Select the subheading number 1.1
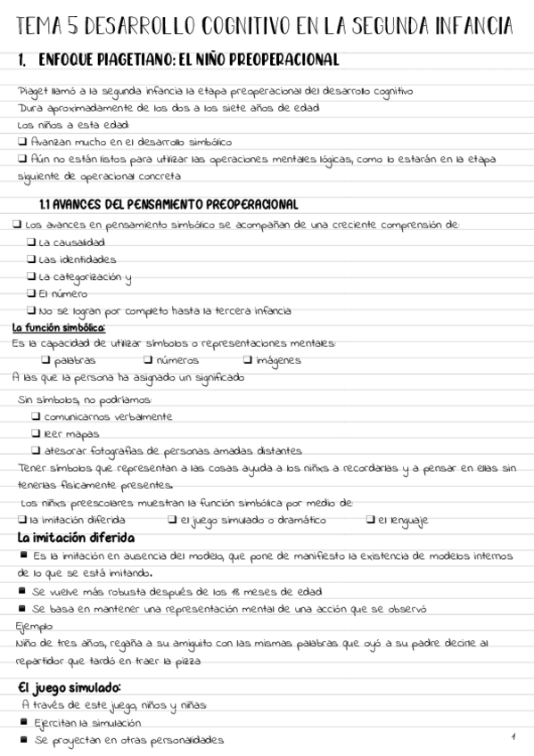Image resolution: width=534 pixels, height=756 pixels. tap(49, 204)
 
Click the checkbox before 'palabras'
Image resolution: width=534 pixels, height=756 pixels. tap(45, 360)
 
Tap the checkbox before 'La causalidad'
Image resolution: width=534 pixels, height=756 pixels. tap(32, 242)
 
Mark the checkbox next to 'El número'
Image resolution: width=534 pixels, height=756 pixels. tap(32, 292)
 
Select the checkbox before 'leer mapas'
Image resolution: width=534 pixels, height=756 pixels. tap(36, 432)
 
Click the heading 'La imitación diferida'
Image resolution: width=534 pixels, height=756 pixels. tap(77, 538)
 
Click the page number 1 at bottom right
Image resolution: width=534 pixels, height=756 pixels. tap(514, 736)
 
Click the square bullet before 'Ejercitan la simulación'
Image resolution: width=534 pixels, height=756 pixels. tap(23, 722)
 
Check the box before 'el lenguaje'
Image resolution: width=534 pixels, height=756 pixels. tap(370, 520)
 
